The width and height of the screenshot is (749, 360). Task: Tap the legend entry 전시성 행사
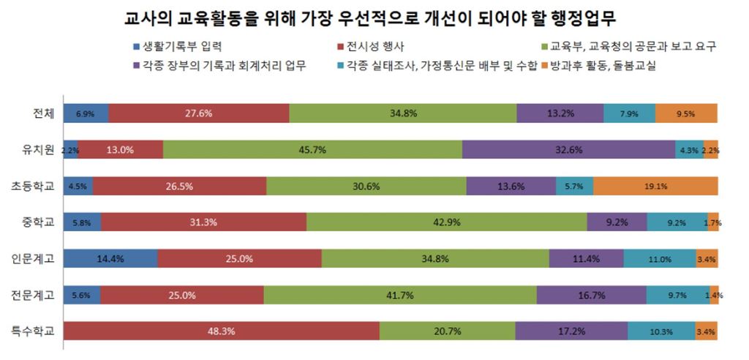tap(372, 46)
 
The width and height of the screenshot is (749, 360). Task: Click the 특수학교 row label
tap(34, 330)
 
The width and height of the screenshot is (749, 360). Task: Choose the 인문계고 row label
tap(34, 258)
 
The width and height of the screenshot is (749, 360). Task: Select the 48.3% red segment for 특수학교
tap(221, 331)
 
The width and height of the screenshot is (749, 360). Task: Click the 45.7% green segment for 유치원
tap(312, 149)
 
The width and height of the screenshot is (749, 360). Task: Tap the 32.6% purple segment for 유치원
tap(568, 149)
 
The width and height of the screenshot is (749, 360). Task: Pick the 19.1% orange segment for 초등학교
tap(655, 186)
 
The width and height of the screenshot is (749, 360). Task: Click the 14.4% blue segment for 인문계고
tap(110, 258)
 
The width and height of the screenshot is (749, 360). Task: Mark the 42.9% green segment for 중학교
tap(446, 222)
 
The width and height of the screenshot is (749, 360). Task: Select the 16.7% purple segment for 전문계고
tap(591, 295)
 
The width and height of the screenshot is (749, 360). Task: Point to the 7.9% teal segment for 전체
tap(629, 113)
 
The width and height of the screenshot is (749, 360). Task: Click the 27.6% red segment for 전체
tap(199, 113)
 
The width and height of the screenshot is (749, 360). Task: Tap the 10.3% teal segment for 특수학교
tap(661, 331)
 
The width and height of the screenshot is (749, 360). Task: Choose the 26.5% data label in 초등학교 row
tap(179, 186)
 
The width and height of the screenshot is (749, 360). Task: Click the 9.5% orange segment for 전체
tap(686, 113)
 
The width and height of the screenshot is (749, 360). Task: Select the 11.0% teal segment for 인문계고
tap(660, 258)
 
